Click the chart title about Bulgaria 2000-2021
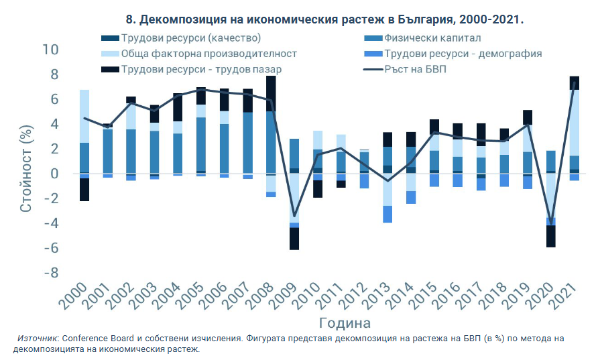(324, 19)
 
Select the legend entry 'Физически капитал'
(432, 38)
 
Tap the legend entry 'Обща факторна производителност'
(208, 54)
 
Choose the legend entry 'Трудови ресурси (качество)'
(190, 38)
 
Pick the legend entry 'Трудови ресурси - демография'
(463, 54)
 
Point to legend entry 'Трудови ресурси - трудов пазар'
(201, 69)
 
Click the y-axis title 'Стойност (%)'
(26, 162)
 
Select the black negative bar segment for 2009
(294, 239)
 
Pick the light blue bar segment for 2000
(84, 116)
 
